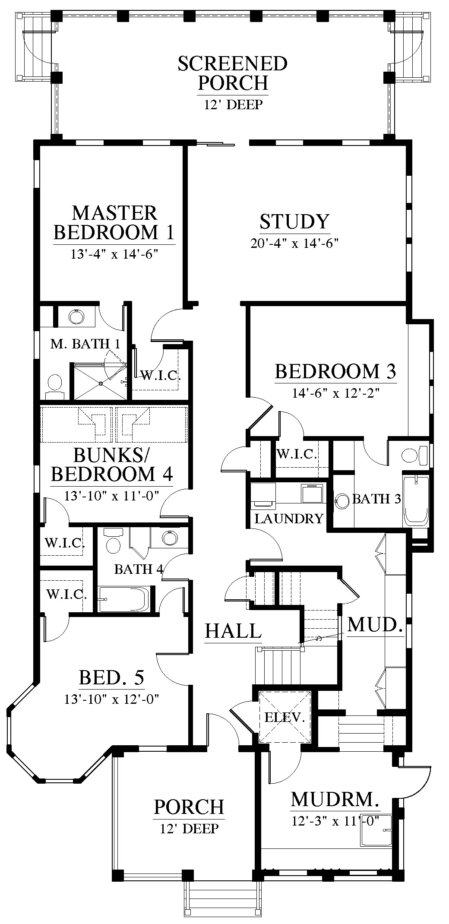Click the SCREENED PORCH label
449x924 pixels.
tap(233, 73)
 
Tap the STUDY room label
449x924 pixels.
tap(294, 222)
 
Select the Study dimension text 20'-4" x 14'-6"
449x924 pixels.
tap(294, 243)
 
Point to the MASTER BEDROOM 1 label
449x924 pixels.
tap(114, 223)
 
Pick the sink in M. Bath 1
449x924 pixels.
tap(76, 316)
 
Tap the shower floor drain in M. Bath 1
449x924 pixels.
tap(100, 383)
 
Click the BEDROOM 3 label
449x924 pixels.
tap(335, 372)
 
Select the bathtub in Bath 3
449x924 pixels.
tap(416, 500)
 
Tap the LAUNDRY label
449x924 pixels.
tap(289, 519)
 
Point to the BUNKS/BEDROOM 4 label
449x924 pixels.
tap(112, 464)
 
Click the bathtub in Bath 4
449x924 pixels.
tap(124, 599)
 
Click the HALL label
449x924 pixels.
tap(233, 631)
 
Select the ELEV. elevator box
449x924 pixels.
tap(285, 717)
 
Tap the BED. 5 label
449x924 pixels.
tap(111, 677)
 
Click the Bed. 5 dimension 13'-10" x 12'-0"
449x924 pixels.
tap(112, 699)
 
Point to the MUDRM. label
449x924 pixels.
tap(335, 799)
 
